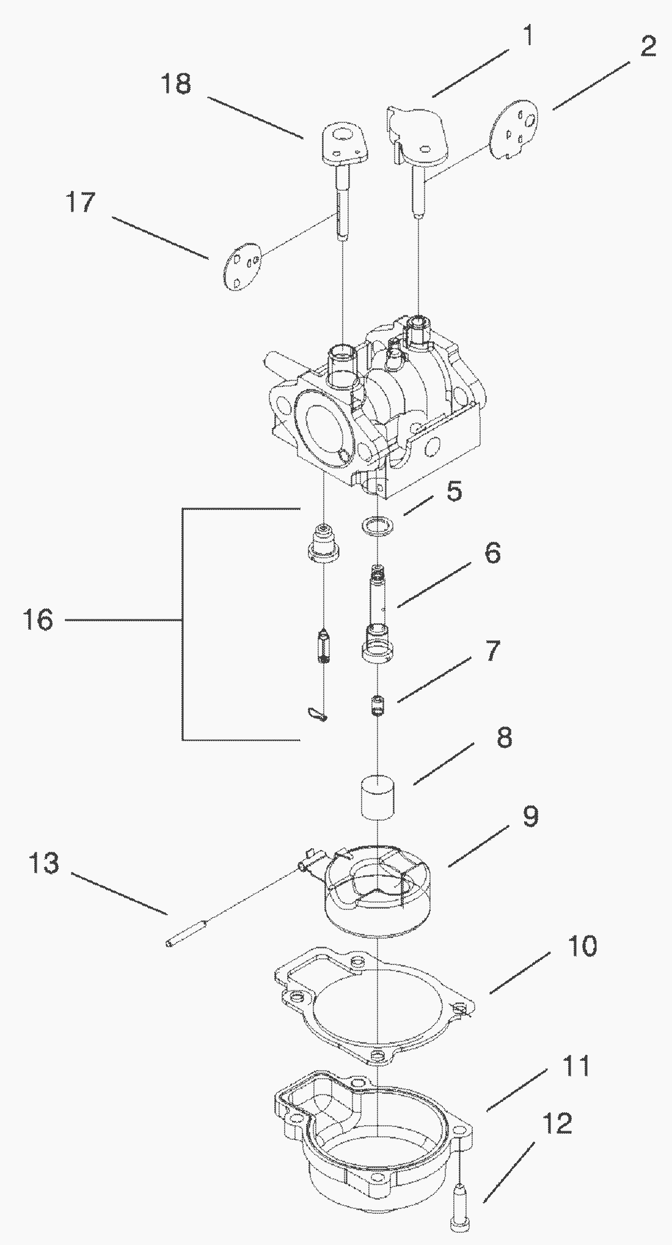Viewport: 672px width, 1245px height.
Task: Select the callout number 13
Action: click(44, 863)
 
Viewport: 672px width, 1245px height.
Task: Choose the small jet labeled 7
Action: click(379, 707)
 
